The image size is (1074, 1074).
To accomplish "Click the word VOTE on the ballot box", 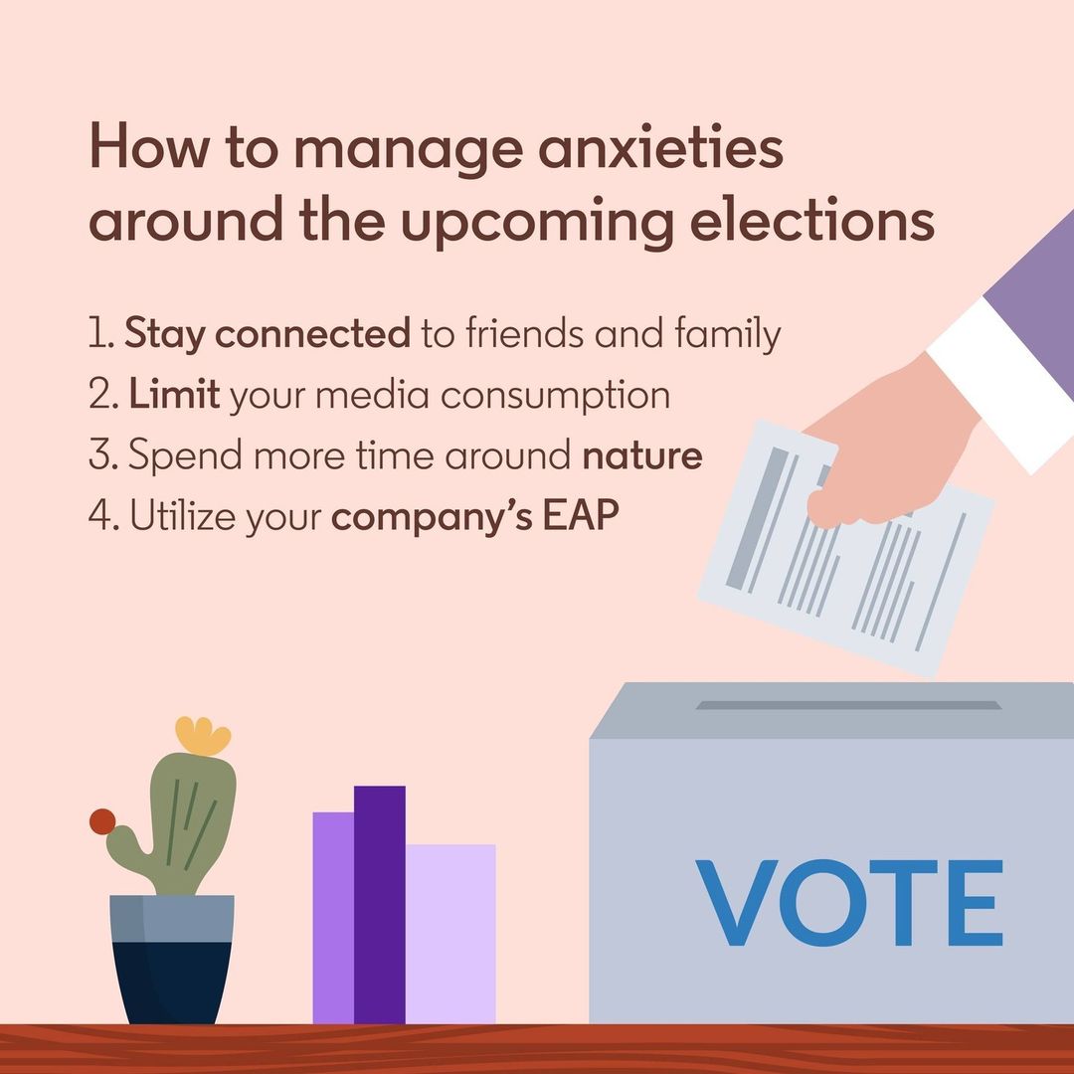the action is click(849, 903).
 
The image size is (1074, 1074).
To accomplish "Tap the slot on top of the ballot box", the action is click(848, 705).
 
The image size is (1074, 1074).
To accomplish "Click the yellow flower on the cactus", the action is click(203, 736).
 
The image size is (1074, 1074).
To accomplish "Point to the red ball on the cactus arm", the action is click(102, 821).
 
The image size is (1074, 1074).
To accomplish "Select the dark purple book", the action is click(380, 904).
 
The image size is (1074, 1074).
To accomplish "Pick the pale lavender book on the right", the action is click(450, 934).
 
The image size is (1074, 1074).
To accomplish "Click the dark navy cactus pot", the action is click(172, 959).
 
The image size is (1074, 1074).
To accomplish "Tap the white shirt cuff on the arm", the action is click(1001, 383).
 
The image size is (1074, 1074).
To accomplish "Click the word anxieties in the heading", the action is click(660, 148).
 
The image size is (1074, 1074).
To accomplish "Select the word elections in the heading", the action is click(812, 221).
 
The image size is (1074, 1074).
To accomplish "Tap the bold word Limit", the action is click(174, 394).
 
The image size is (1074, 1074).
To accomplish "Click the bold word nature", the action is click(641, 455).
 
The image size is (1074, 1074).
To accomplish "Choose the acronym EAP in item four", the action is click(581, 515).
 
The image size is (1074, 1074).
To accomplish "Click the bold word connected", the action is click(312, 333).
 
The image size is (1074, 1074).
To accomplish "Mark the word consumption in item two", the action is click(555, 397).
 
